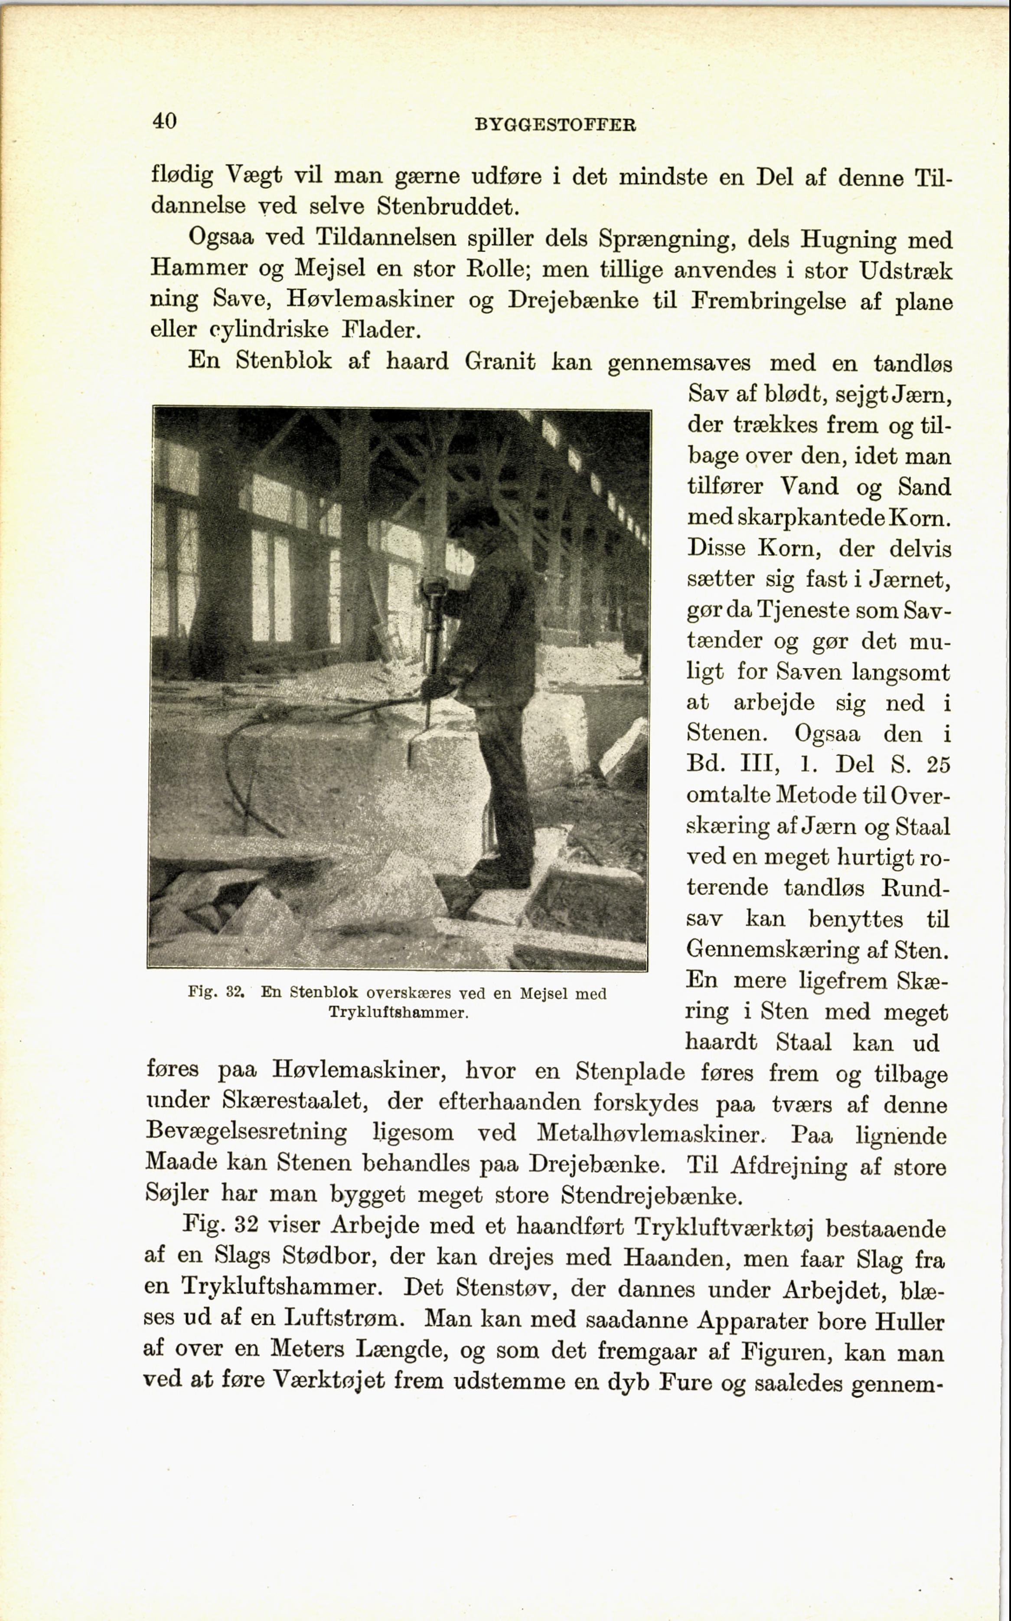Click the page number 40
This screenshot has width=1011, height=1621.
(164, 121)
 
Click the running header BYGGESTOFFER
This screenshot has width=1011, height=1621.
(554, 125)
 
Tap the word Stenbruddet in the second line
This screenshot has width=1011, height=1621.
(448, 206)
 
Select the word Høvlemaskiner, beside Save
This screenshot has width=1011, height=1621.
(370, 300)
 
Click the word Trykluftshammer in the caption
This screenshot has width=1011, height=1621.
(398, 1012)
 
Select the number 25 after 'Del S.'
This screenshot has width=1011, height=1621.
(938, 764)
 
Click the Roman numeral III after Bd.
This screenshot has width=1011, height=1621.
(753, 764)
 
